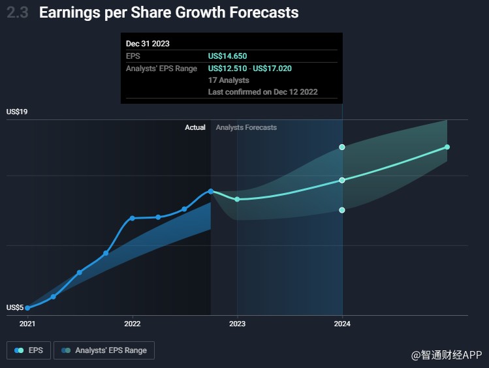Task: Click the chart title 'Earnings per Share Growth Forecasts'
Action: (168, 12)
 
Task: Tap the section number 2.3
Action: (18, 12)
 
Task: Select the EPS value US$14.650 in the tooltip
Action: (227, 56)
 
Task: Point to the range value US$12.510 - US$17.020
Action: (259, 69)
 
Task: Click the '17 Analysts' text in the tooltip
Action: (229, 80)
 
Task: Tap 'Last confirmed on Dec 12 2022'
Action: (262, 92)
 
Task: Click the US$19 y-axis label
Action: (17, 112)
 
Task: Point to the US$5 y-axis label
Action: (15, 307)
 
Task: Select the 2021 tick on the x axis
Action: (27, 323)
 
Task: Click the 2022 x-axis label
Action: (133, 323)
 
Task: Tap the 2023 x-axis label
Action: (237, 323)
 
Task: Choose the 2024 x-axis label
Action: (342, 323)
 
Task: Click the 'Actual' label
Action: (195, 128)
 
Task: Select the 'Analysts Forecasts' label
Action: (246, 128)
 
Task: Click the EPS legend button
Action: (29, 350)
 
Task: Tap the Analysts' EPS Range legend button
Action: (104, 350)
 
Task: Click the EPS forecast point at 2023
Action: (237, 199)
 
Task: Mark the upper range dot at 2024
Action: (342, 147)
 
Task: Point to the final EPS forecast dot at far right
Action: (447, 147)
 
